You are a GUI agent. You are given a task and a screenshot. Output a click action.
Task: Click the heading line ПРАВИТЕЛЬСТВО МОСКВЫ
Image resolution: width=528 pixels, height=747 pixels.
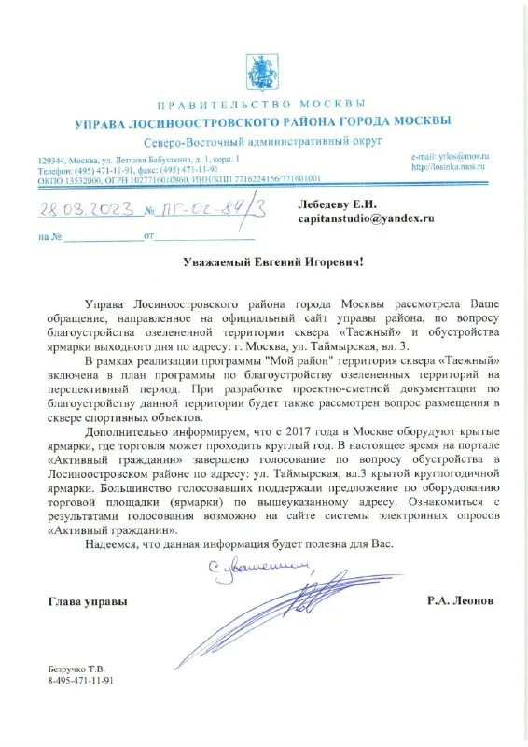[263, 105]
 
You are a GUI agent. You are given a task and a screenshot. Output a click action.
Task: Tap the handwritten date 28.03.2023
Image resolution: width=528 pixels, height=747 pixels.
[81, 208]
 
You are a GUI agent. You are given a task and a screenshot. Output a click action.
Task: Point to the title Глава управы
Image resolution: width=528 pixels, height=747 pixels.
[88, 602]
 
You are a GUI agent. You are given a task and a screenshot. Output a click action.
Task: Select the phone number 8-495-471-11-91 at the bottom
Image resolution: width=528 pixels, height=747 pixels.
[80, 681]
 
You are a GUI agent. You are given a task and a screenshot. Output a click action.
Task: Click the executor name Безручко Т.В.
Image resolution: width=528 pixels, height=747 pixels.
[76, 669]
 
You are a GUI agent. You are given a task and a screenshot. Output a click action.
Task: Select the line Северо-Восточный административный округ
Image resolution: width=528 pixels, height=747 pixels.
[263, 140]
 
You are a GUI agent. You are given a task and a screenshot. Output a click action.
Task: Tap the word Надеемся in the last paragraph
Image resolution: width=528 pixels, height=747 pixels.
[111, 543]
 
